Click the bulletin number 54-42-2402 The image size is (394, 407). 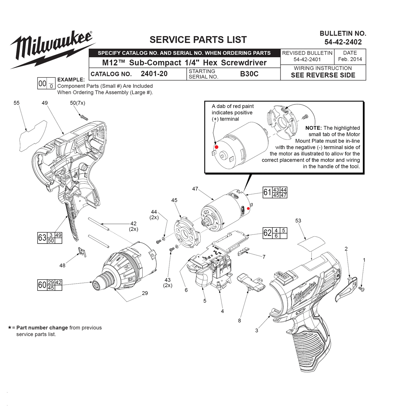343,42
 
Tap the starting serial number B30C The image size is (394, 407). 249,74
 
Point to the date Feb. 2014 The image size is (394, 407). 350,59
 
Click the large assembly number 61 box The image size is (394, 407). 268,192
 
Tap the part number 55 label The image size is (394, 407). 17,103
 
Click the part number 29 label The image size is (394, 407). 145,293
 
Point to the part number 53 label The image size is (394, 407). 298,221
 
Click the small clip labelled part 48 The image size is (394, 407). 83,252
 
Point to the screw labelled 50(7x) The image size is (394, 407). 84,116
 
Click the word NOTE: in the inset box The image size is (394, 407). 314,128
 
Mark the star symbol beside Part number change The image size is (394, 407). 9,328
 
